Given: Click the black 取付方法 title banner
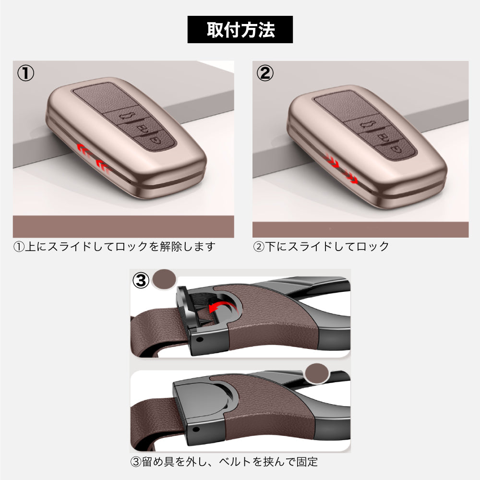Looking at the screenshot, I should coord(240,30).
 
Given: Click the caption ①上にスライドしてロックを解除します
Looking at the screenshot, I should coord(114,247).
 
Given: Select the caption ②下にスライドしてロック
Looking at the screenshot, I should coord(321,247).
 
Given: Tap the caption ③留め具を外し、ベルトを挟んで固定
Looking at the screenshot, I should coord(224,462).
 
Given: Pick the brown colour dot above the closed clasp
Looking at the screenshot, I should coord(317,373).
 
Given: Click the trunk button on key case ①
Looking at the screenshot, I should coord(128,116).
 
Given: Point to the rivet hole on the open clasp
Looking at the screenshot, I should coord(202,338).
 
